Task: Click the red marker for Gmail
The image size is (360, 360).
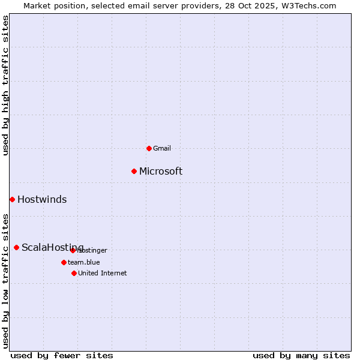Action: [149, 148]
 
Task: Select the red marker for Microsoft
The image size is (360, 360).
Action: [134, 171]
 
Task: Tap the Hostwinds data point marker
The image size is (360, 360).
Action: [12, 199]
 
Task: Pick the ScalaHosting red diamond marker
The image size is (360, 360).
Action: [16, 247]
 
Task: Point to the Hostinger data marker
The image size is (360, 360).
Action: [73, 250]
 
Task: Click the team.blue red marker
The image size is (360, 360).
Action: [64, 262]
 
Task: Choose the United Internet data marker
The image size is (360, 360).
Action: [74, 273]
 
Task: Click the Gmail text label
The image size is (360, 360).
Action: [162, 148]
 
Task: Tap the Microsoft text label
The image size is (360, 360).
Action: [161, 172]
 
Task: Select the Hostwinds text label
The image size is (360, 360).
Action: [42, 200]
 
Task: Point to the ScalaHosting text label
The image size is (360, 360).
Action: [52, 248]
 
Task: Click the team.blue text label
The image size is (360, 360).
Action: [84, 262]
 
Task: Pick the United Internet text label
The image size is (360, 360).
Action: [103, 273]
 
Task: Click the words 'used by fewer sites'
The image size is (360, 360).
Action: [62, 355]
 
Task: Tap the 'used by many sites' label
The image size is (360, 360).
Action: [301, 355]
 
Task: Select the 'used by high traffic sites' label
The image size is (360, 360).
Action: [6, 85]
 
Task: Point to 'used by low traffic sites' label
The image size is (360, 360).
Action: [6, 281]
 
